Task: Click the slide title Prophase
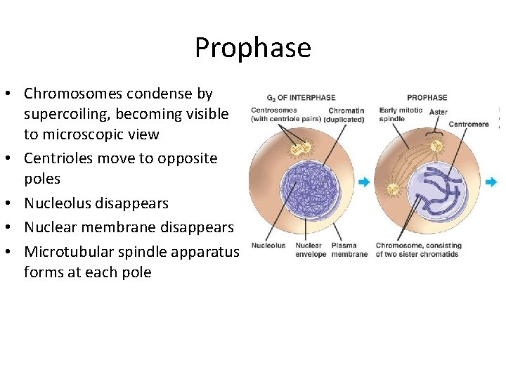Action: [x=252, y=48]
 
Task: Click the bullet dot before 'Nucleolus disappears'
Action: [x=13, y=204]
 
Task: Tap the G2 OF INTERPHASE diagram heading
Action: [x=301, y=98]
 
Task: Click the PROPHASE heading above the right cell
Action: [x=427, y=98]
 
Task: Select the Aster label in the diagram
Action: [x=438, y=112]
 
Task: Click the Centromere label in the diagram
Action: [x=468, y=124]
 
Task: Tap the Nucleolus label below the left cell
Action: [x=268, y=246]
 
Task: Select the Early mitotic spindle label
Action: [x=401, y=115]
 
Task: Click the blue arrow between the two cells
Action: [x=363, y=182]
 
